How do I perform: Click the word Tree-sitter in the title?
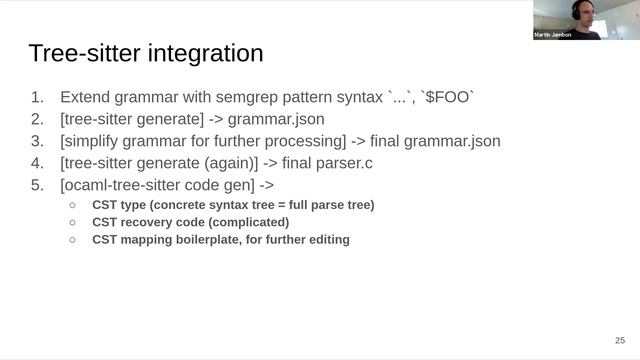pos(77,53)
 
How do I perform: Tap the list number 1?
pos(37,98)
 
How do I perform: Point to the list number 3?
pos(37,141)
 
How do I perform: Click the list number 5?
pos(37,185)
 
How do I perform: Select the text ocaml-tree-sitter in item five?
pos(125,185)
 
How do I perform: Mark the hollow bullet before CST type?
pos(72,205)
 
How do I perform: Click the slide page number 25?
pos(619,340)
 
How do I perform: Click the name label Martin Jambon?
pos(556,35)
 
